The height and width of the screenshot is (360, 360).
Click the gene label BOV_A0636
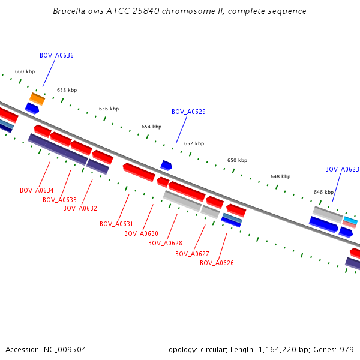click(56, 55)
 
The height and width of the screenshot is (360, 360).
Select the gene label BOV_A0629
click(188, 112)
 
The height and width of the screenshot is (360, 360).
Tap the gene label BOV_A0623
click(342, 169)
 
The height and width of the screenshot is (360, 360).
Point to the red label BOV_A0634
click(37, 190)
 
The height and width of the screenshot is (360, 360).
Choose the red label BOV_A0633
click(59, 200)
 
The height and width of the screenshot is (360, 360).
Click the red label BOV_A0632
click(80, 208)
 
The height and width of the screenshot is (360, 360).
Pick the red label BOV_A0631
click(116, 224)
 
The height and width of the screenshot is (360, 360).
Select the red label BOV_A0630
click(141, 233)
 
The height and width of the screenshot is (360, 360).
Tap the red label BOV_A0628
click(165, 243)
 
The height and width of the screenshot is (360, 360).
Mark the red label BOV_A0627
click(192, 254)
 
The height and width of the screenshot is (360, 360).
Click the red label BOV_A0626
click(217, 263)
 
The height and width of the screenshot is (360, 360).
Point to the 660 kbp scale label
click(25, 71)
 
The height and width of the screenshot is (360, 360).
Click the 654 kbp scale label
click(151, 127)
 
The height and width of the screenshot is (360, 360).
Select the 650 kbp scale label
click(237, 160)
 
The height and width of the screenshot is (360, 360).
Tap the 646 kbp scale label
click(323, 192)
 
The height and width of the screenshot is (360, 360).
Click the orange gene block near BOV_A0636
click(37, 98)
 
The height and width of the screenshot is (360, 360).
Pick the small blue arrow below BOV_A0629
click(166, 165)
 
